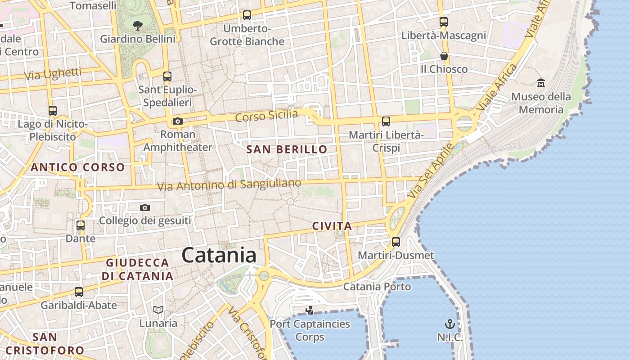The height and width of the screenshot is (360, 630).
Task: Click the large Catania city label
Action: tap(219, 255)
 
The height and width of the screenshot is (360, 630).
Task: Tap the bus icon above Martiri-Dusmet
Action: tap(396, 242)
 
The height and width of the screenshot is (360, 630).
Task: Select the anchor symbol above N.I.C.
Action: tap(450, 324)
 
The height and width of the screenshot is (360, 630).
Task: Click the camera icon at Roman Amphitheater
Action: tap(178, 121)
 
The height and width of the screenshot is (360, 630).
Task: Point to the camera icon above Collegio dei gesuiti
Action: tap(144, 207)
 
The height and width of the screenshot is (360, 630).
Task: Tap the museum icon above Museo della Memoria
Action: tap(541, 83)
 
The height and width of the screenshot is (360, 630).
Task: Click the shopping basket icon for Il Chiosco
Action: tap(444, 56)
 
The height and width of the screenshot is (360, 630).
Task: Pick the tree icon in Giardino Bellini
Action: tap(138, 26)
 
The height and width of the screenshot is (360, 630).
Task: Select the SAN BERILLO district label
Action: tap(287, 150)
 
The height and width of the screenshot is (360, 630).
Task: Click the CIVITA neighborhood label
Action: tap(332, 226)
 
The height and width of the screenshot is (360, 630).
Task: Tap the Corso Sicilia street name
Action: tap(266, 116)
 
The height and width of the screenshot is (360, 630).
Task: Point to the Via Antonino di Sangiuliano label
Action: tap(229, 184)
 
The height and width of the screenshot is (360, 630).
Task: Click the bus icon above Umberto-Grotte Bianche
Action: tap(247, 15)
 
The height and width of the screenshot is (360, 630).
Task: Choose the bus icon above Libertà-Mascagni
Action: tap(444, 22)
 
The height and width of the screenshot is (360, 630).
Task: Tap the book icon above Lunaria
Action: tap(158, 310)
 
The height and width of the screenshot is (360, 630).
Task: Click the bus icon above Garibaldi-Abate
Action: tap(79, 292)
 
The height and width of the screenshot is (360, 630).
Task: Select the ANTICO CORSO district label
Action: tap(78, 167)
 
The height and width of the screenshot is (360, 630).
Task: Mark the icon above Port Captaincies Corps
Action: tap(309, 310)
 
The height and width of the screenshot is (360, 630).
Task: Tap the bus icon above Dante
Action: tap(81, 225)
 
